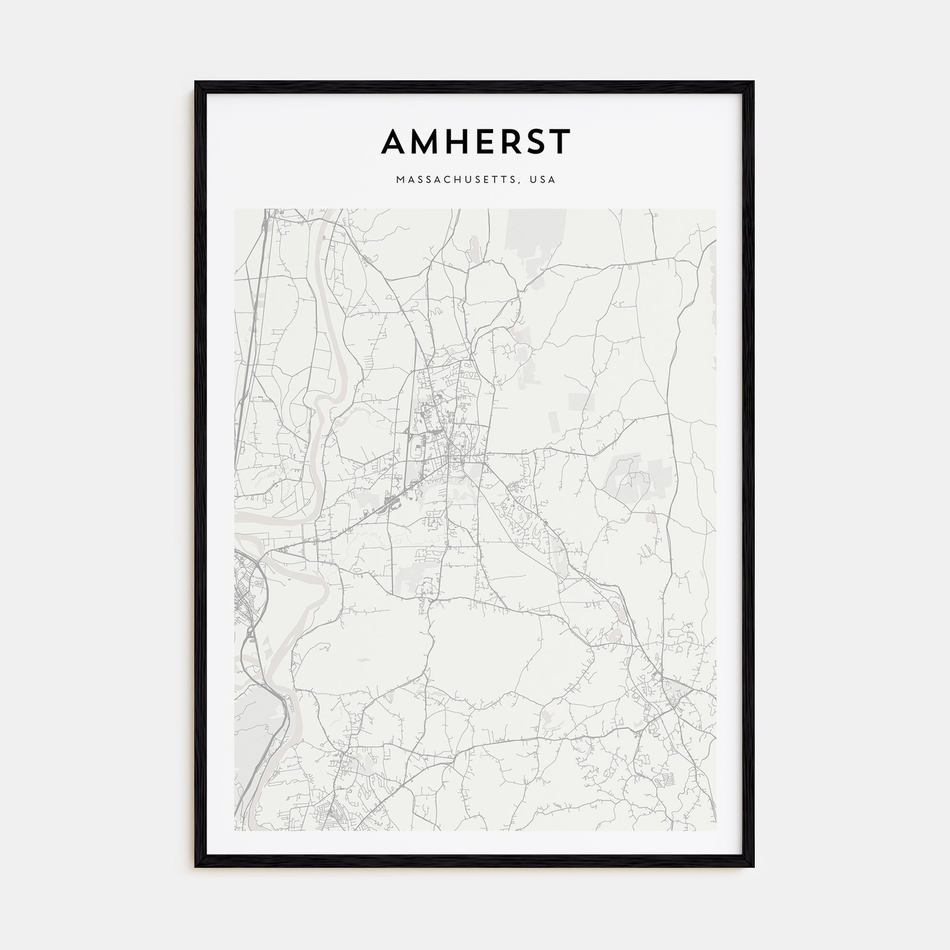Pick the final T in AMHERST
(x=560, y=142)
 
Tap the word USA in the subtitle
(x=543, y=180)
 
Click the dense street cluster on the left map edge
(x=246, y=590)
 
